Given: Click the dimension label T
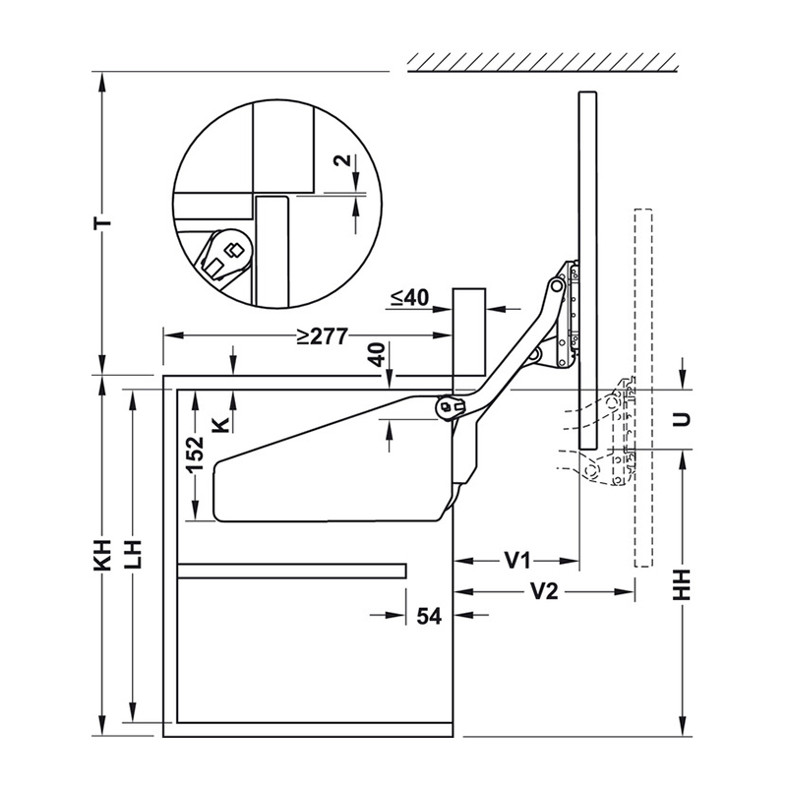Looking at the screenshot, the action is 102,222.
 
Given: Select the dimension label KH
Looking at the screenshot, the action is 102,555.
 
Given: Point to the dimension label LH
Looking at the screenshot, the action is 133,555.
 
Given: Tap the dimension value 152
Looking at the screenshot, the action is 195,454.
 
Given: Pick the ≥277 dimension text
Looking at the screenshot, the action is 322,336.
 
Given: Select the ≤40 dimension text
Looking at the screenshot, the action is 409,298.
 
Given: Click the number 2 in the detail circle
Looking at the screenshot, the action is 342,160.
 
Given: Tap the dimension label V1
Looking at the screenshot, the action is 517,561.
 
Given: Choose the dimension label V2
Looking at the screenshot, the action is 544,592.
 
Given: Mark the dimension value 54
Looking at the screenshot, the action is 429,616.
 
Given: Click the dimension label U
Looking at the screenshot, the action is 682,419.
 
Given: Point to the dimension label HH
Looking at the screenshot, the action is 682,584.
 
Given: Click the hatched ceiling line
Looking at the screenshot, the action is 543,62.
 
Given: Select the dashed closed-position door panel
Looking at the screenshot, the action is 643,388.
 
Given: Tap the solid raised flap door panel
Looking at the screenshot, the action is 587,270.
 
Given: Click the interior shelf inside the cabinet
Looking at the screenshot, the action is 291,571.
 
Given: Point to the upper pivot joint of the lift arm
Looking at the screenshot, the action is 556,285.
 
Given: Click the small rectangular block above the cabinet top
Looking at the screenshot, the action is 469,333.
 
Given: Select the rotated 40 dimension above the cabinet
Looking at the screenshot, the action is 380,354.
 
